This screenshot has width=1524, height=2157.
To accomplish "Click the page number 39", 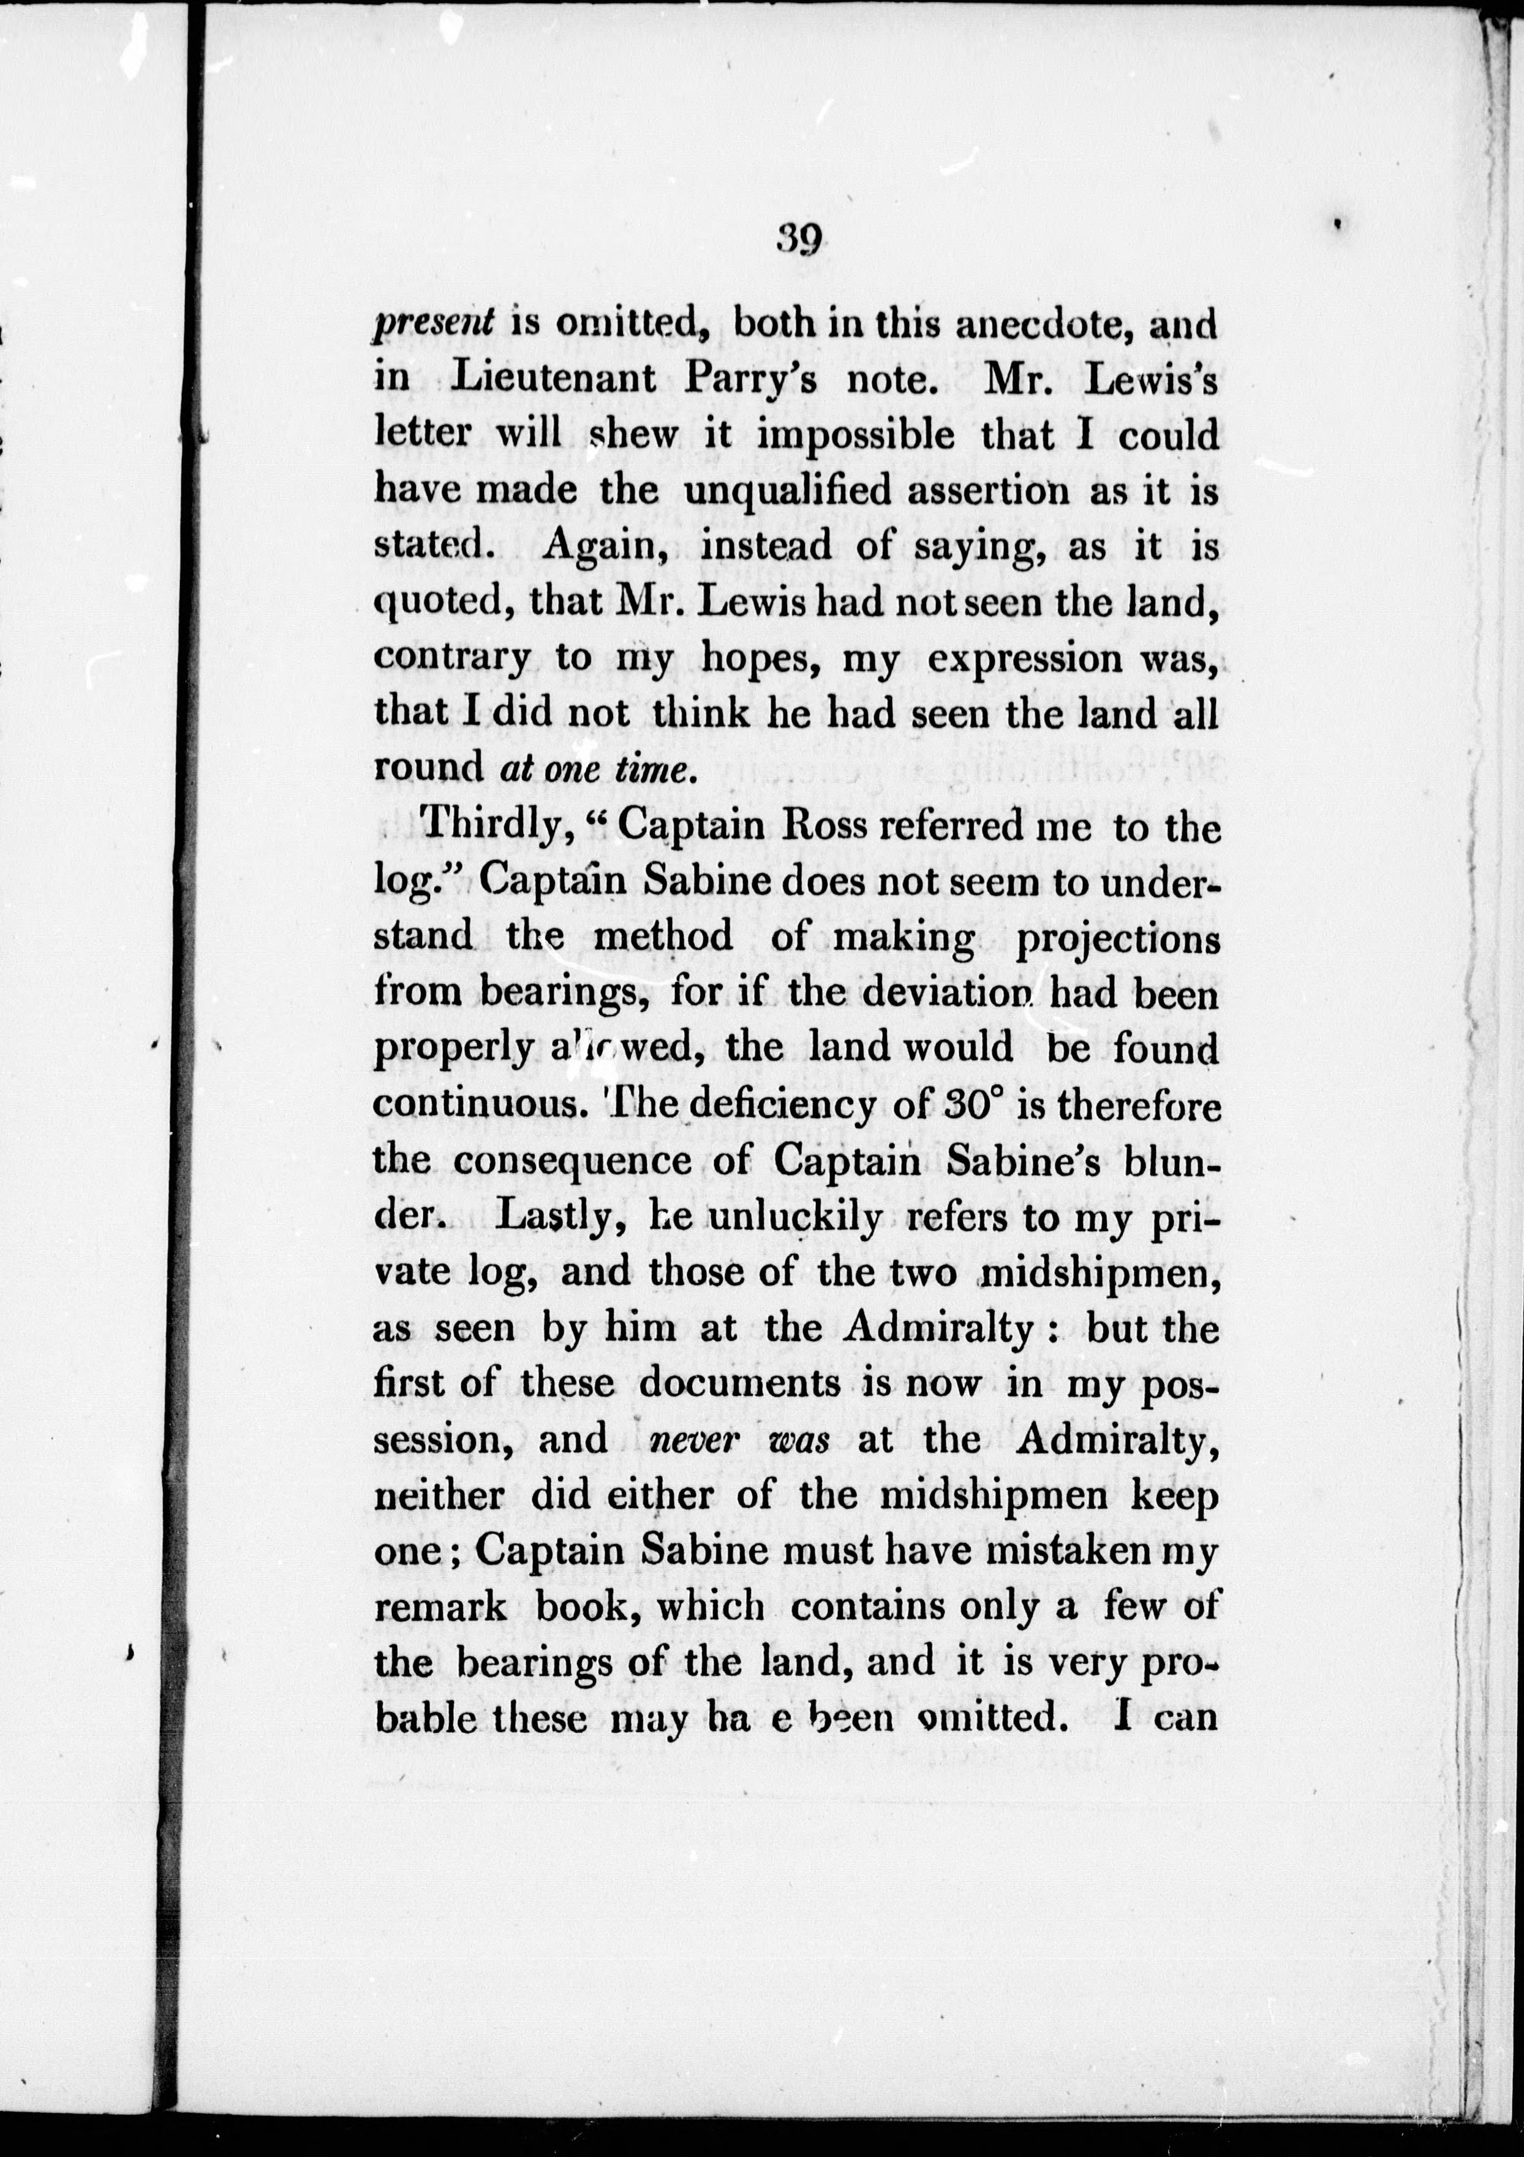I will pos(800,240).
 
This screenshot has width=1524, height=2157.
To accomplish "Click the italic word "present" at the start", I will pos(434,324).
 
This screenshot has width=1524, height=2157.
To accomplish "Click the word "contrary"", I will pos(453,659).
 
